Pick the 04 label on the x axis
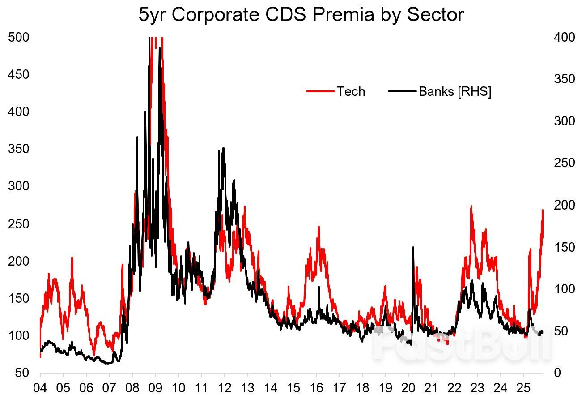[x=40, y=386]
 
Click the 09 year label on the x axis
[x=155, y=386]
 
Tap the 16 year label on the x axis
[x=316, y=386]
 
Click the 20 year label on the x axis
[x=408, y=386]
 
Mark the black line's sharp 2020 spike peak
[x=413, y=247]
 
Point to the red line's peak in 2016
[x=319, y=227]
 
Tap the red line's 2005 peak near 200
[x=72, y=258]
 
